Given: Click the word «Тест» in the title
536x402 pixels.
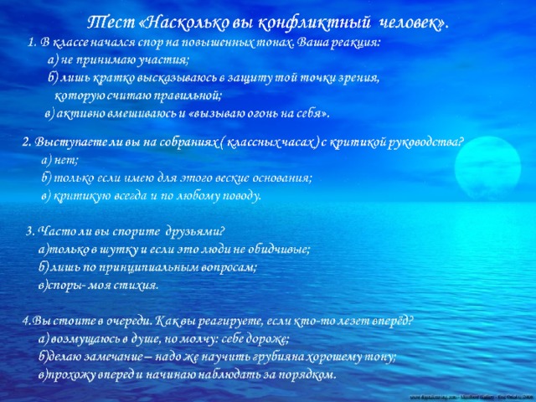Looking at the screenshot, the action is (x=111, y=23).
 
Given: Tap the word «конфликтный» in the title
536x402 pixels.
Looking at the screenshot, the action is (x=314, y=23).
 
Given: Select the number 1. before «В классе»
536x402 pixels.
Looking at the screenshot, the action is (x=33, y=43).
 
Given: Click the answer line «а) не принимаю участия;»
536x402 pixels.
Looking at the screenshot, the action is (x=118, y=60).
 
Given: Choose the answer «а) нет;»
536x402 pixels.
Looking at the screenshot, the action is (x=59, y=160).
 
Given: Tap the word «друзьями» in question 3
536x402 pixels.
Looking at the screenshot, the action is (x=195, y=232).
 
